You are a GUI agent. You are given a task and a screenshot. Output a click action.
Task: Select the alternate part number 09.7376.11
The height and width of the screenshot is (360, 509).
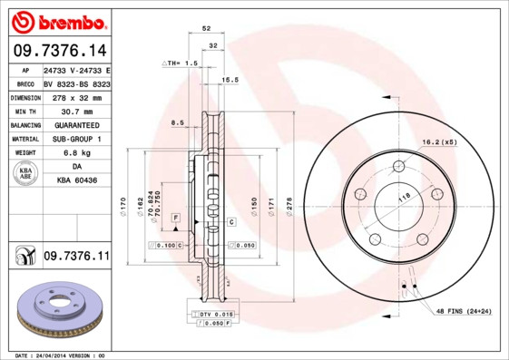[76, 258]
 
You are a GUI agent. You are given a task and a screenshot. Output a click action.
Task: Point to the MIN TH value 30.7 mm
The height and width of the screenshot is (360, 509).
[75, 111]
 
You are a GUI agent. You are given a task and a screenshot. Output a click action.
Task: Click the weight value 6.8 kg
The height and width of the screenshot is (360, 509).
[75, 153]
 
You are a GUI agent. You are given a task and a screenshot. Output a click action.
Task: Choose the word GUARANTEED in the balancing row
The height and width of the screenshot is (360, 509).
[75, 124]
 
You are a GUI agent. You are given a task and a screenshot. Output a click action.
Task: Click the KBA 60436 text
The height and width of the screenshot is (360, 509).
[76, 182]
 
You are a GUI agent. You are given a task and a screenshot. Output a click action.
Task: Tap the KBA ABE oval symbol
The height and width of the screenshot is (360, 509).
[26, 174]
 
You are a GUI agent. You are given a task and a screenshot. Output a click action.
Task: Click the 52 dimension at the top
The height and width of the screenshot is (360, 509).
[207, 29]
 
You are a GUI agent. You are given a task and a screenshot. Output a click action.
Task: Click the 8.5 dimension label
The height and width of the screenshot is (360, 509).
[177, 122]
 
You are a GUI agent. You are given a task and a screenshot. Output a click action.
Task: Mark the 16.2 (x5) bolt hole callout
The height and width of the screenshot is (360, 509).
[438, 142]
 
